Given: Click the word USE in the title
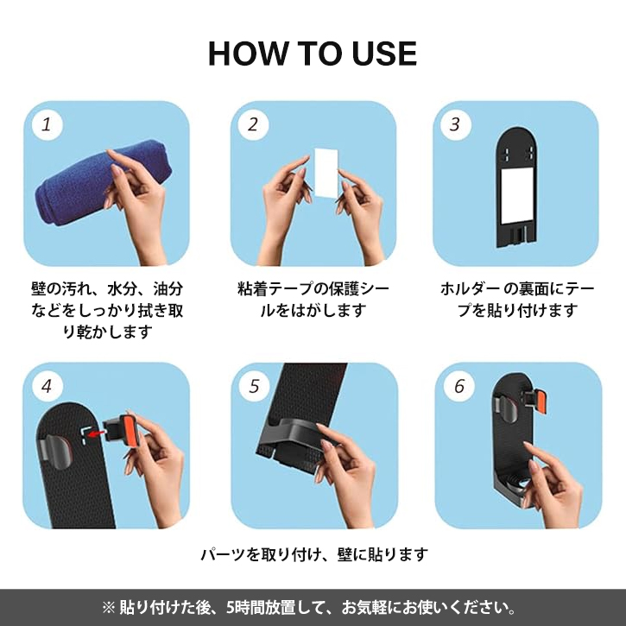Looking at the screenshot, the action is tap(384, 54).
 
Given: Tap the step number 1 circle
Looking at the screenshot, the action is tap(47, 124).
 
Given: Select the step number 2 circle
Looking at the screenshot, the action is tap(253, 124).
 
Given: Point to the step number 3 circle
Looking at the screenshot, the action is tap(456, 124).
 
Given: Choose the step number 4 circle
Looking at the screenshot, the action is tap(47, 386).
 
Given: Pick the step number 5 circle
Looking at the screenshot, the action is tap(255, 386).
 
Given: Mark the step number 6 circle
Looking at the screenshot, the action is tap(459, 386).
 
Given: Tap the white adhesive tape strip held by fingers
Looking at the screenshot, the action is tap(326, 173).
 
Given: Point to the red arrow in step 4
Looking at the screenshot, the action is tap(97, 433).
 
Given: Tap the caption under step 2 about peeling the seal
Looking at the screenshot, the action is tap(313, 299).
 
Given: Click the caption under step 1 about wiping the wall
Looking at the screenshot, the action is tap(107, 310).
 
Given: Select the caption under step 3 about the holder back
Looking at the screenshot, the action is tap(517, 299).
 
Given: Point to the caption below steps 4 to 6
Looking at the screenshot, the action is tap(313, 554).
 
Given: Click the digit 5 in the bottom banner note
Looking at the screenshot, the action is tap(231, 608).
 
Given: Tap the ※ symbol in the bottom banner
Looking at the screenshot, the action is tap(108, 608).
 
